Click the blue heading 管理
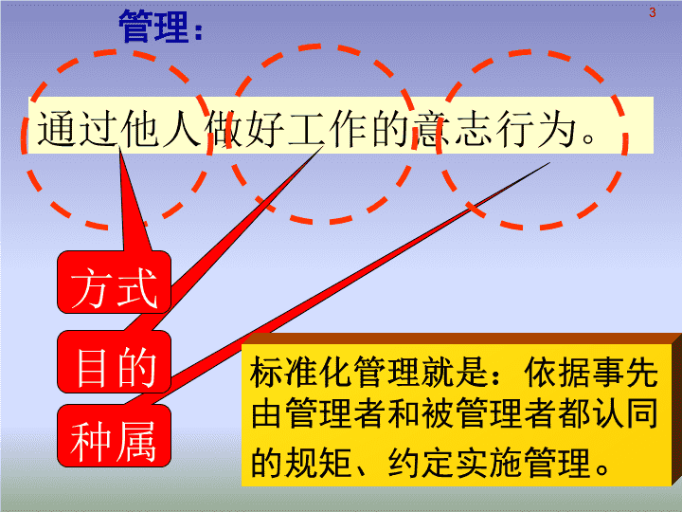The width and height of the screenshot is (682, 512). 154,27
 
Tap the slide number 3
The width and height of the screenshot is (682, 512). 652,12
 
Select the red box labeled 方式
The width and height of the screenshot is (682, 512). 114,283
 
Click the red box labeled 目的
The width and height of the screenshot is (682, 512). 114,361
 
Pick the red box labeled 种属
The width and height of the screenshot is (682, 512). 114,436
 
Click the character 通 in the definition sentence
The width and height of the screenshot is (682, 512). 57,127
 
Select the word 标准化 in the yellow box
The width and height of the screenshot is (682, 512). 300,372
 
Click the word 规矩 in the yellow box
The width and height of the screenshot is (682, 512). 318,462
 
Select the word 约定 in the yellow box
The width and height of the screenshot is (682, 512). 421,462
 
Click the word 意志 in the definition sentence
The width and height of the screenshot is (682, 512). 453,127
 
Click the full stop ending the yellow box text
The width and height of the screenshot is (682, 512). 603,468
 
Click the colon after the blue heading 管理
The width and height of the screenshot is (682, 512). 198,31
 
